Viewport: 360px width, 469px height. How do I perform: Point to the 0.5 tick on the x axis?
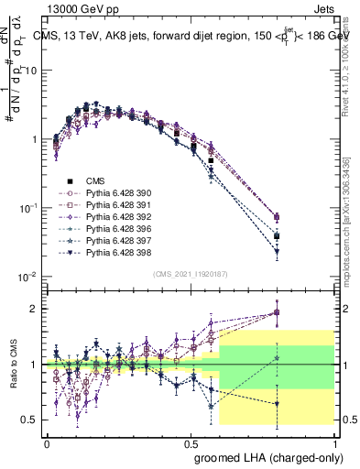[191, 442]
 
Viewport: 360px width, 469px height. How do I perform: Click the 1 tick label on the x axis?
[335, 442]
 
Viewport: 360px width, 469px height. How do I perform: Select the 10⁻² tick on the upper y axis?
[30, 277]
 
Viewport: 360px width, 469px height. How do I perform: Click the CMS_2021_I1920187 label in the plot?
[191, 275]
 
